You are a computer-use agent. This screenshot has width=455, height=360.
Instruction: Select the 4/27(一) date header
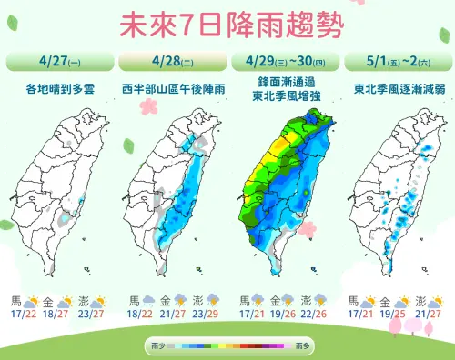[58, 62]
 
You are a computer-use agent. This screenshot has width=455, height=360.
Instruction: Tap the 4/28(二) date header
[171, 62]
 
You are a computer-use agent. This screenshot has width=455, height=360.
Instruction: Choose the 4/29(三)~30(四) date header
[284, 62]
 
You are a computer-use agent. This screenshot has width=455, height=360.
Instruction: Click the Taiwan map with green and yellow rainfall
[287, 191]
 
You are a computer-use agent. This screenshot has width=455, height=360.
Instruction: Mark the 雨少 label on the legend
[157, 346]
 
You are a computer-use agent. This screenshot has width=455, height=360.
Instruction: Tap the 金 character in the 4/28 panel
[165, 300]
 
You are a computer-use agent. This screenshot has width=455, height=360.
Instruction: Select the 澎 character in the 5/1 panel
[421, 300]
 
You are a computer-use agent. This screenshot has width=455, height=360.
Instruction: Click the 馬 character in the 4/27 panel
[15, 300]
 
